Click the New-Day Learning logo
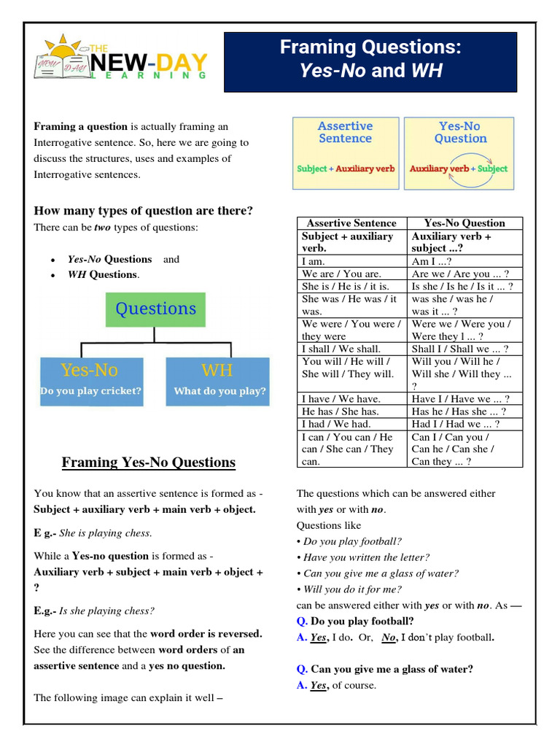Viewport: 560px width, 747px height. click(x=121, y=58)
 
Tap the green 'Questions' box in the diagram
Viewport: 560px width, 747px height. click(x=155, y=309)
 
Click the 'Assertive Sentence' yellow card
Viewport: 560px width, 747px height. click(x=345, y=152)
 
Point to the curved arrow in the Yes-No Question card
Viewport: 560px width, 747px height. click(x=460, y=158)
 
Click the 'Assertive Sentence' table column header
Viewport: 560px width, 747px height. click(x=351, y=223)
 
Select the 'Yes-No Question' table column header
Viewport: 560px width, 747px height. click(x=464, y=223)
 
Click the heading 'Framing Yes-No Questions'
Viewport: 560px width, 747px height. click(x=149, y=462)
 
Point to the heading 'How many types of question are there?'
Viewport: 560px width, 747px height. click(x=144, y=211)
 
